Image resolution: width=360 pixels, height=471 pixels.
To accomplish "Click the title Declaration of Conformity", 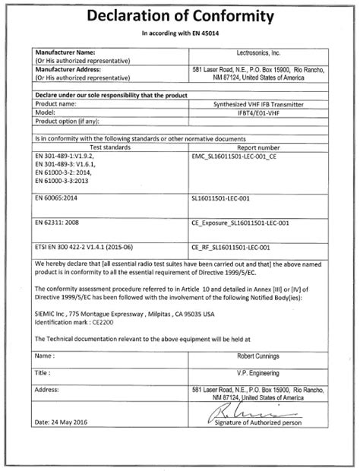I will coord(180,16).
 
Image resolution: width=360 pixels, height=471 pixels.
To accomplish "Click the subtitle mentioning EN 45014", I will coord(179,35).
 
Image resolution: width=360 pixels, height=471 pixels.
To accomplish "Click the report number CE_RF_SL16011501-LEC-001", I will coord(231,247).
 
